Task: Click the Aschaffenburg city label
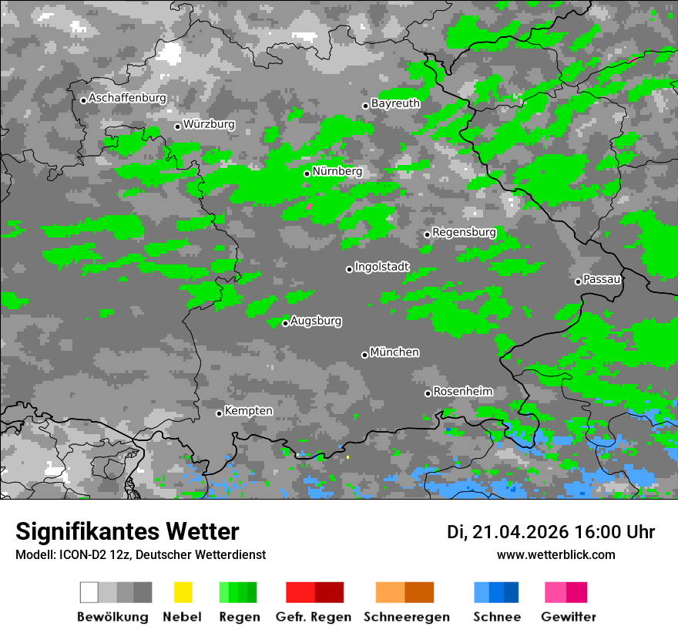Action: pyautogui.click(x=127, y=99)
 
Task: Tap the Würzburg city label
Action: pyautogui.click(x=209, y=124)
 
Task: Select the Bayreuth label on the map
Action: pyautogui.click(x=395, y=103)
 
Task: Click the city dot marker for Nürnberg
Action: pyautogui.click(x=307, y=173)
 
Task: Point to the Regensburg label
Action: pyautogui.click(x=464, y=232)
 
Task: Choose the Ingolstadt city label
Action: pyautogui.click(x=382, y=267)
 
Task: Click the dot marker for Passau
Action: pyautogui.click(x=578, y=281)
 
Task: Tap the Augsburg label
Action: pyautogui.click(x=316, y=321)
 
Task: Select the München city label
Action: pyautogui.click(x=394, y=352)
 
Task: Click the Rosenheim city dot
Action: pyautogui.click(x=428, y=393)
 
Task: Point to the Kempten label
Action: pyautogui.click(x=248, y=411)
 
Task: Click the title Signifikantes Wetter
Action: pyautogui.click(x=127, y=531)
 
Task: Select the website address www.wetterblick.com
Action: pyautogui.click(x=555, y=554)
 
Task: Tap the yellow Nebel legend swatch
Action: pyautogui.click(x=183, y=592)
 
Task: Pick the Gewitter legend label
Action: pyautogui.click(x=568, y=617)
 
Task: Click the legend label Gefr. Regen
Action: pyautogui.click(x=314, y=617)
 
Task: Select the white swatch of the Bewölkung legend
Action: pyautogui.click(x=89, y=592)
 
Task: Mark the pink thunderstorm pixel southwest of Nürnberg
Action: pyautogui.click(x=310, y=206)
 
